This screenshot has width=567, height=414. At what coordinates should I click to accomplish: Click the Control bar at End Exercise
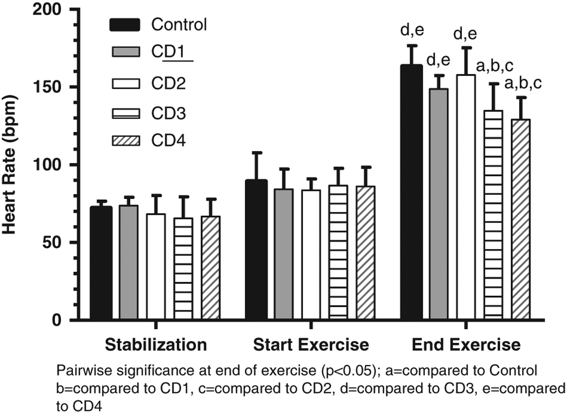point(411,192)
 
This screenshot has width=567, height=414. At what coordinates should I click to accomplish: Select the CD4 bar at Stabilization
point(211,268)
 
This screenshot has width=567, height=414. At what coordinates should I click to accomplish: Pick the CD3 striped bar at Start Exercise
point(338,252)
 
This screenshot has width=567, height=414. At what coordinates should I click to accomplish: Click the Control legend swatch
point(125,25)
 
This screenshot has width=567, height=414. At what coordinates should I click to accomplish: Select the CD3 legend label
point(169,113)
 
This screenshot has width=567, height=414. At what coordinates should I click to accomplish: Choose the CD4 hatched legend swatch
point(126,141)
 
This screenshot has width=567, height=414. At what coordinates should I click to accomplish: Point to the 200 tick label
point(46,10)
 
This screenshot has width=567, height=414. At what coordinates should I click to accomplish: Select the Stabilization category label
point(156,345)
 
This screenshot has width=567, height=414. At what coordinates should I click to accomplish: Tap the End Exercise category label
point(466,345)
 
